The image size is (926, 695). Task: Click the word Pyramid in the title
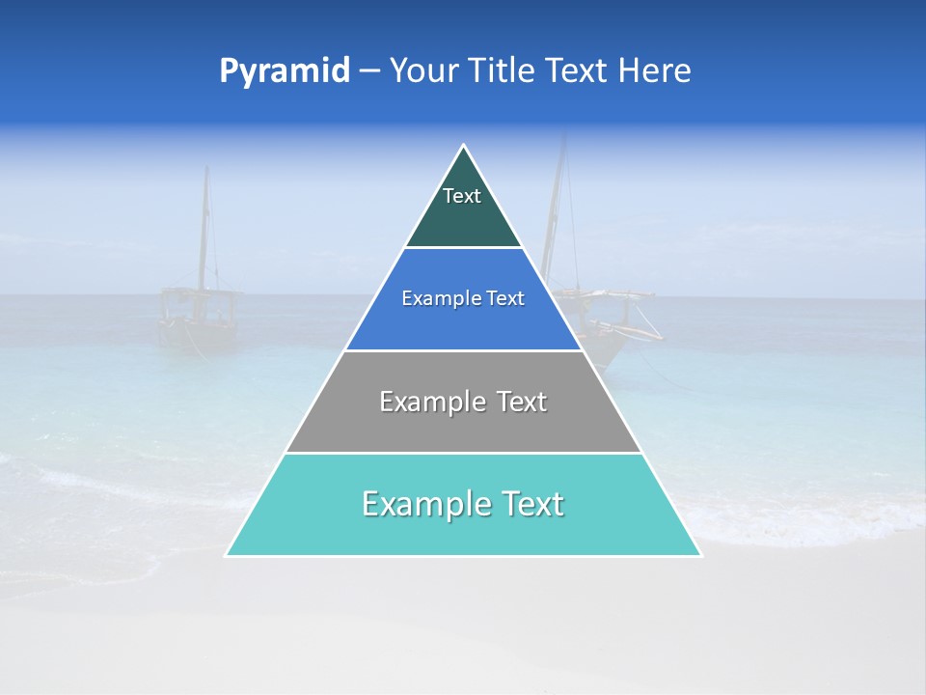tap(284, 71)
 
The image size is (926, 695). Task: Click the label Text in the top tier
tap(462, 196)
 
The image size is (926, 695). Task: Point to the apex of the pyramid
tap(464, 146)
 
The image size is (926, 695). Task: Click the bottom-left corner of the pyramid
tap(227, 555)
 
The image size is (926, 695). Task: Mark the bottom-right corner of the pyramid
tap(700, 555)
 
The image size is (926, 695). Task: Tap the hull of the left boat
tap(197, 333)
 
